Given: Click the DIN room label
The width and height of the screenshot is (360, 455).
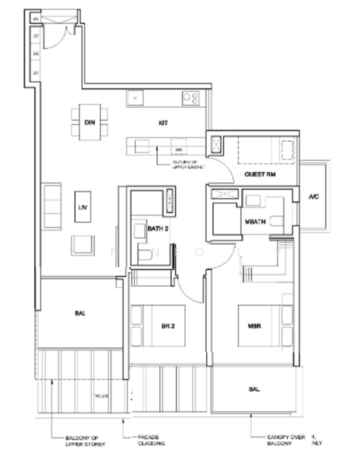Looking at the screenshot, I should (x=89, y=121).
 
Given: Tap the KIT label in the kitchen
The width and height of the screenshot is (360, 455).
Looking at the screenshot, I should (x=162, y=121).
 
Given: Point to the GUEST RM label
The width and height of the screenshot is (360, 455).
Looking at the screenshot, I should (x=258, y=174).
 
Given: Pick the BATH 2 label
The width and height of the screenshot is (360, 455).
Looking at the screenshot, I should (x=158, y=228).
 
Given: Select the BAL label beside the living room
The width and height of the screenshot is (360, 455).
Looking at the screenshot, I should (x=80, y=312).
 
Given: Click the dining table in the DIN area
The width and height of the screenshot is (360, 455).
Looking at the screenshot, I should (x=89, y=121).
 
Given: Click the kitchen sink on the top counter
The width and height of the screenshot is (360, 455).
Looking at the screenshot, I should (x=136, y=97).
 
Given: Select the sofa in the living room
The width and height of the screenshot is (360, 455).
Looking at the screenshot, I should (x=51, y=202).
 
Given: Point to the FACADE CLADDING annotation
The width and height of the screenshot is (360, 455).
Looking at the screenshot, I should (x=148, y=441).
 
